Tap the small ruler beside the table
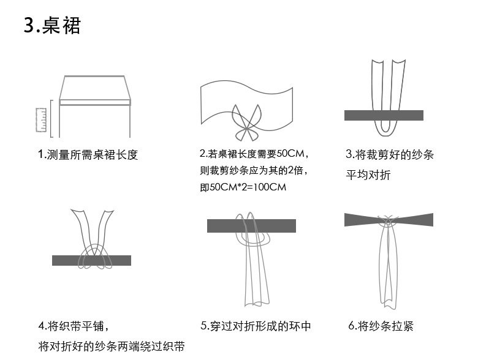click(x=42, y=119)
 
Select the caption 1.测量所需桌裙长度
click(x=88, y=154)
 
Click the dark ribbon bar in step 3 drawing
click(x=384, y=115)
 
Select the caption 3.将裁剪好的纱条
click(x=390, y=154)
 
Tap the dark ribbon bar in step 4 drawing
click(x=91, y=260)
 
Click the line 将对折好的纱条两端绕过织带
click(x=111, y=347)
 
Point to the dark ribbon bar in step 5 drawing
click(x=251, y=225)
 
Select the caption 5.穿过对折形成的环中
click(x=256, y=326)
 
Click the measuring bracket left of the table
click(x=52, y=119)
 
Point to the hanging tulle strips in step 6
click(x=387, y=269)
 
